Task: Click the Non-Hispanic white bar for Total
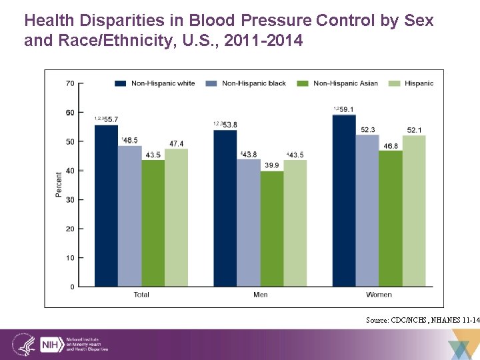[106, 206]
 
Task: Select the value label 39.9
[272, 165]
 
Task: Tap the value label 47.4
[176, 143]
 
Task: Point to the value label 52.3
[367, 129]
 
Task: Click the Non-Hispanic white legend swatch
[121, 83]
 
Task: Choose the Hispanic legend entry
[414, 83]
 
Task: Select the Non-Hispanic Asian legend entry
[339, 83]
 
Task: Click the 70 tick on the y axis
[70, 83]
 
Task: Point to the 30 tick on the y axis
[70, 199]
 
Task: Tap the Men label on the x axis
[260, 294]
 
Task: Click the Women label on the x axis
[379, 294]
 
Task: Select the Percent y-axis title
[59, 184]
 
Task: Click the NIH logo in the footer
[51, 345]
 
